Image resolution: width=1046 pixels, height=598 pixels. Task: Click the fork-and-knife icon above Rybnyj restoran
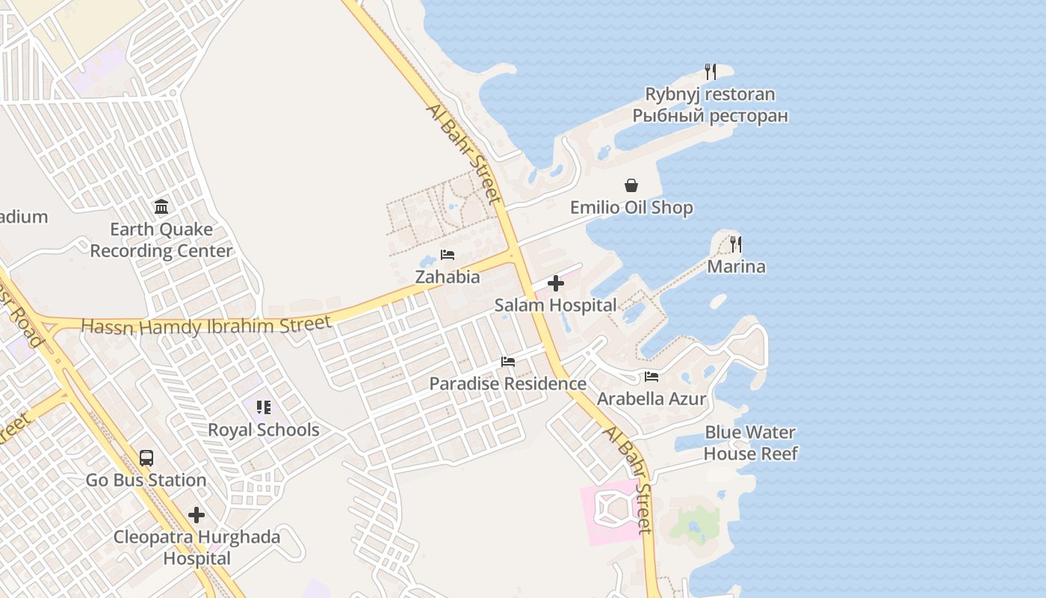pos(711,72)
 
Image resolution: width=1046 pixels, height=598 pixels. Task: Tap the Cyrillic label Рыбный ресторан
pos(710,116)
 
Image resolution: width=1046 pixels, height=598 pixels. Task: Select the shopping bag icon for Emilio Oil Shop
pos(631,185)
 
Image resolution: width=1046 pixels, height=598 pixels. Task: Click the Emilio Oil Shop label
pos(631,208)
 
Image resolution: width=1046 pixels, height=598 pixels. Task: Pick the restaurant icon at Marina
pos(736,244)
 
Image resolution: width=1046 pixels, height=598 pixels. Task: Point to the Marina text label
pos(736,267)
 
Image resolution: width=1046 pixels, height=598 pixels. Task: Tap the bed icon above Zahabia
pos(448,255)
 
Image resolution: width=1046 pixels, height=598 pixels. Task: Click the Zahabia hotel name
pos(448,277)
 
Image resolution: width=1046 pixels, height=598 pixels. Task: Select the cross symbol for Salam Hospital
pos(556,283)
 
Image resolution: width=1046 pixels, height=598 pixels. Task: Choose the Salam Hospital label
pos(556,305)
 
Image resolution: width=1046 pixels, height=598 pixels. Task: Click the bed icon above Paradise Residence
pos(508,362)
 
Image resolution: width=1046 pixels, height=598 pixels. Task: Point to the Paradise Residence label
pos(507,383)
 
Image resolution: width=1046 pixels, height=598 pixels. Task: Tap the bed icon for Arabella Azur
pos(652,377)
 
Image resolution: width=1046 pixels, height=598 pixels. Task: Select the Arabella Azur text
pos(652,398)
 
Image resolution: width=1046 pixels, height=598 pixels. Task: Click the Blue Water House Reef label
pos(751,443)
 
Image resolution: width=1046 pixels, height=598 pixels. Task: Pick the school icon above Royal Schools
pos(263,407)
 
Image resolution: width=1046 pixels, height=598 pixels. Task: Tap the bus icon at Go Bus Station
pos(146,458)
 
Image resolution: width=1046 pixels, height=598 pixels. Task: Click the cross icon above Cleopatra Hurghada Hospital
pos(196,515)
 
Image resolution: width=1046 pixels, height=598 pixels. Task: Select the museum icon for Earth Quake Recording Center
pos(161,206)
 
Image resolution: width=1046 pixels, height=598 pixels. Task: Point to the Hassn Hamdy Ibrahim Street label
pos(205,326)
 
